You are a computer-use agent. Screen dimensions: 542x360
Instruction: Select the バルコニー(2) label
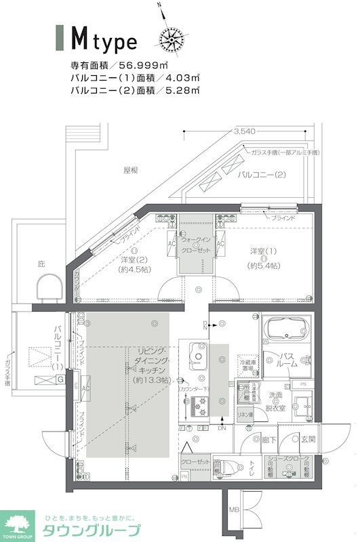point(261,175)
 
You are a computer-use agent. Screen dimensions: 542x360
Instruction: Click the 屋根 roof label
point(131,171)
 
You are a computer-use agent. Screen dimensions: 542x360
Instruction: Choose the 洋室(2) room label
point(134,264)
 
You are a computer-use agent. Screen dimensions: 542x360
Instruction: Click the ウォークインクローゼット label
point(195,245)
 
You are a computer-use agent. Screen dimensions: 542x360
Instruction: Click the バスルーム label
point(287,360)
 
